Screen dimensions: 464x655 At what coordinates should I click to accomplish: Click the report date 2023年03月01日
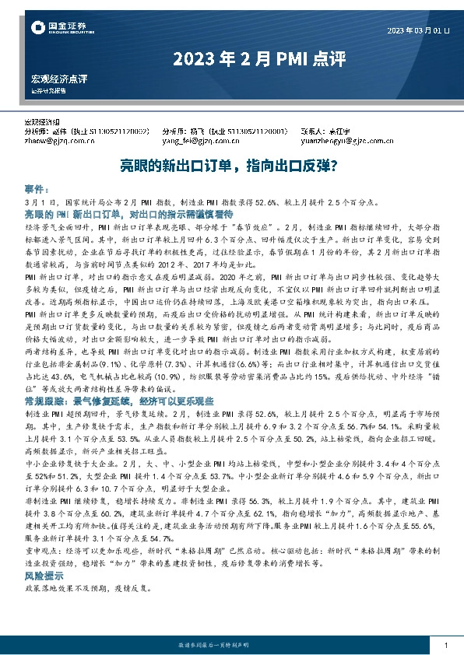coord(418,30)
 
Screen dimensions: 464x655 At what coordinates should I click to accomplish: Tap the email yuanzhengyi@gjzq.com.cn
coord(343,142)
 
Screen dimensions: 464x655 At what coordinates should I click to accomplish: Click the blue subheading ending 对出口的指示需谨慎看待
coord(135,213)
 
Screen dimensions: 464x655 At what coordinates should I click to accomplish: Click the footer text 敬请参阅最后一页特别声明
coord(231,646)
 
